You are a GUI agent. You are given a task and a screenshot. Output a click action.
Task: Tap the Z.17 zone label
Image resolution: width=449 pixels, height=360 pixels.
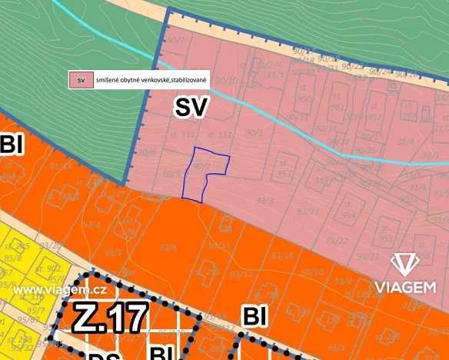[111, 318]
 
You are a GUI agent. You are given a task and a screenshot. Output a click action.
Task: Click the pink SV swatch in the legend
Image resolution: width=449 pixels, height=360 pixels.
[79, 79]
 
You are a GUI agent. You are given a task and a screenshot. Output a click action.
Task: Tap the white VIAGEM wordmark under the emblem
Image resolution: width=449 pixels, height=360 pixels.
[405, 288]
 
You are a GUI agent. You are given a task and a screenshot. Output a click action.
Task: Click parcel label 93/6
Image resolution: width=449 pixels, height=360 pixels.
[168, 248]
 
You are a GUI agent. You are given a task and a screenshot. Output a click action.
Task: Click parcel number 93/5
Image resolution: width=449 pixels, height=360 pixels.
[113, 252]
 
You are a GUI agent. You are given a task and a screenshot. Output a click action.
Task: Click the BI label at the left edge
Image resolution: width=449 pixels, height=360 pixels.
[12, 145]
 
